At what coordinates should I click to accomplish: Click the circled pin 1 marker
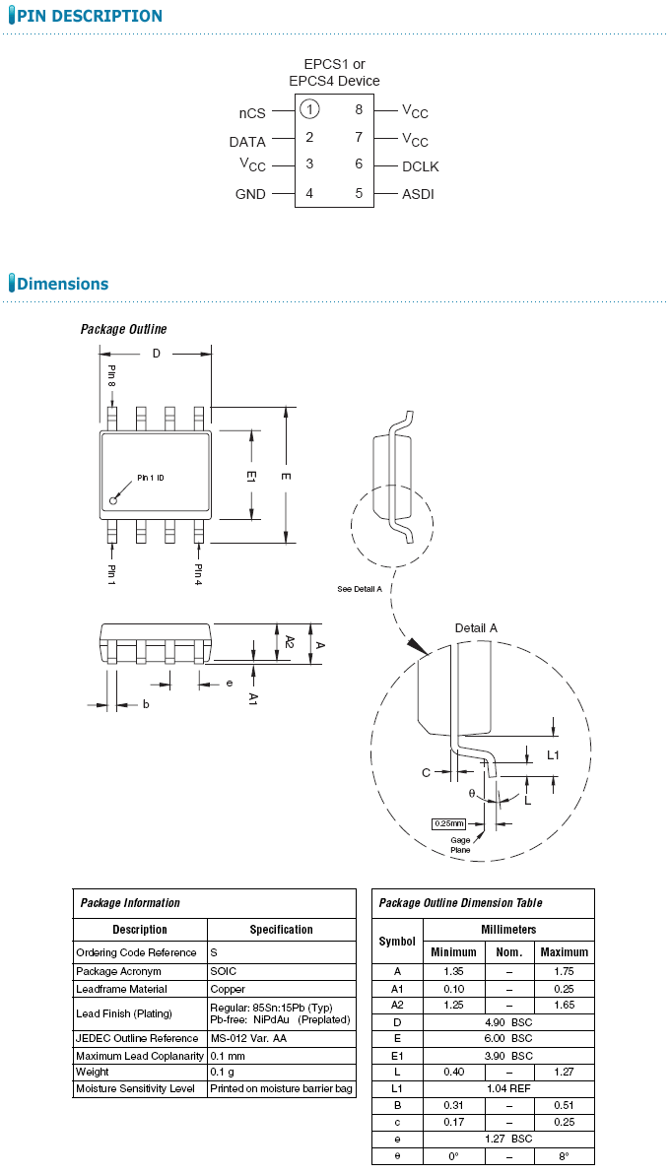point(309,109)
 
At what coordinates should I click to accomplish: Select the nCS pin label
point(252,113)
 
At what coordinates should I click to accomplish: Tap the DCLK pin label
point(420,166)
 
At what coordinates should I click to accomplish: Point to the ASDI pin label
point(418,194)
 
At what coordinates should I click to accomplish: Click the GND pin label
point(250,194)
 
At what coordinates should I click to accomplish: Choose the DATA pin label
point(247,142)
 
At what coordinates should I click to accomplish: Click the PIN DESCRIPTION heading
point(90,16)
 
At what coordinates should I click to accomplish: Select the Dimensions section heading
point(62,284)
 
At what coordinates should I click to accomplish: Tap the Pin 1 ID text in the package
point(151,478)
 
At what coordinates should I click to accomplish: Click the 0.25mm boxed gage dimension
point(447,823)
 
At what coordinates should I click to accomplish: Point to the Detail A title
point(476,627)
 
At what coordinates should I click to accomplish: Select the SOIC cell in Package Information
point(224,971)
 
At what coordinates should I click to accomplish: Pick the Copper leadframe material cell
point(229,989)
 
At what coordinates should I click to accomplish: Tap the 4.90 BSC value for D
point(508,1021)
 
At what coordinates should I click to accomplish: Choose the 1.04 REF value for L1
point(508,1088)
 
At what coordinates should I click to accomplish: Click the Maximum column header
point(565,952)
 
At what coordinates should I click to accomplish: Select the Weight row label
point(94,1072)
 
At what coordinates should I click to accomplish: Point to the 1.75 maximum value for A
point(565,971)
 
